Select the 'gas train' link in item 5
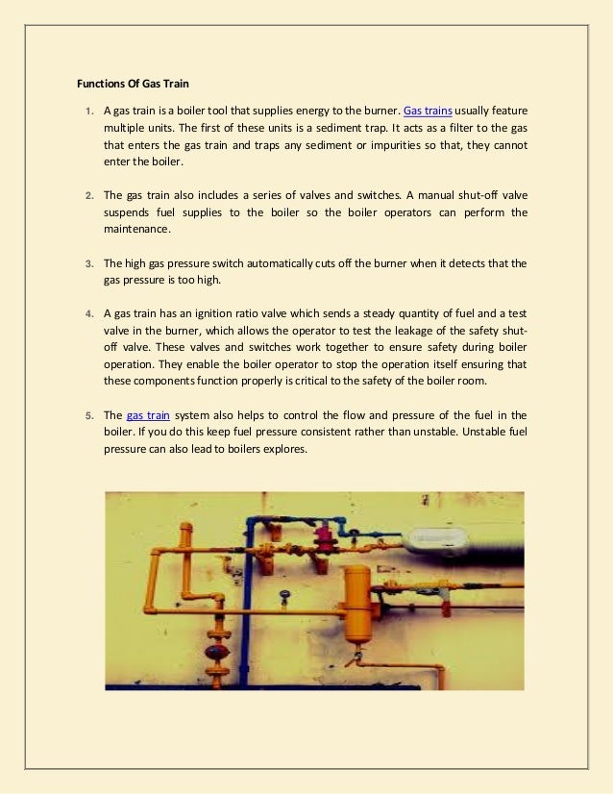click(148, 415)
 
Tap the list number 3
click(88, 263)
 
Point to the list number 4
click(88, 314)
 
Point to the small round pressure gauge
click(284, 595)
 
